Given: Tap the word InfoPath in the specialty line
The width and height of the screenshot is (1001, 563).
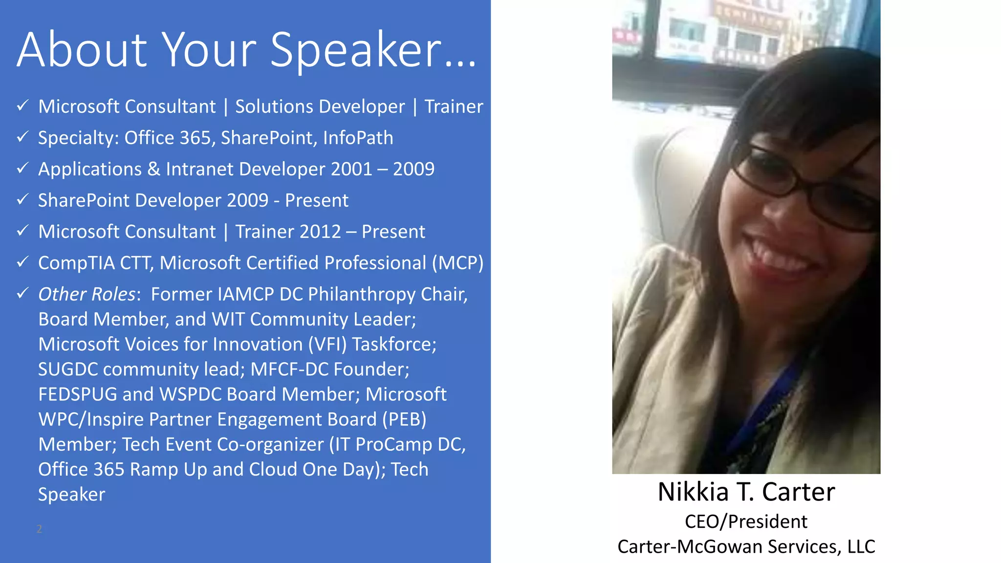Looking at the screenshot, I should pos(358,138).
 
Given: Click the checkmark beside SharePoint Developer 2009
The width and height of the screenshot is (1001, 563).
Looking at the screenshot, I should pos(22,199).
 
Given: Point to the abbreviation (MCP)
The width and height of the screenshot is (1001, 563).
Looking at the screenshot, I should pos(457,263).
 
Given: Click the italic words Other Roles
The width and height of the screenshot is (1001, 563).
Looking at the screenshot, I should pos(87,294).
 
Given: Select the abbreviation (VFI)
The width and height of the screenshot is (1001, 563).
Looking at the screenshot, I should pos(327,345).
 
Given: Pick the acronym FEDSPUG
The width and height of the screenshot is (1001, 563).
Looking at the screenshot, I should pos(78,394).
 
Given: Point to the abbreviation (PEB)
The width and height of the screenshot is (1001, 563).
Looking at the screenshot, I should pos(404,419).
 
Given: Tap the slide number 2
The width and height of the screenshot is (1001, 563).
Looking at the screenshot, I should pos(39,529).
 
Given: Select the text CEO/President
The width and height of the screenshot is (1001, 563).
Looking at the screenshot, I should pos(746,521).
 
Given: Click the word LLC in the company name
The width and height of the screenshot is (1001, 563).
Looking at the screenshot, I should pos(861,546).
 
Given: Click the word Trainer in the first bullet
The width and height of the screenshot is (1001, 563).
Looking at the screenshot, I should pos(454,107).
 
